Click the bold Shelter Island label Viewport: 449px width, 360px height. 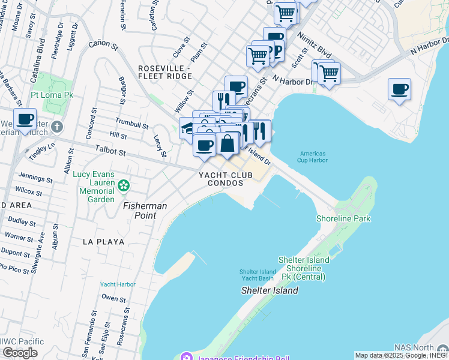coord(270,290)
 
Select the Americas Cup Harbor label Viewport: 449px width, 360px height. coord(312,157)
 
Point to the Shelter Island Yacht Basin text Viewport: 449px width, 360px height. coord(257,275)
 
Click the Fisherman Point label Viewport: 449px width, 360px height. coord(145,206)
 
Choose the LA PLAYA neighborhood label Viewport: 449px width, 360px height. coord(104,242)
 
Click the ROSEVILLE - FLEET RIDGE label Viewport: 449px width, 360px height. coord(164,72)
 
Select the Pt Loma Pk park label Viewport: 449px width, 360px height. coord(52,95)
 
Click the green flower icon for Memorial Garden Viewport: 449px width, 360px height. coord(124,185)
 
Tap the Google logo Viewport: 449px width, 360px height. coord(20,353)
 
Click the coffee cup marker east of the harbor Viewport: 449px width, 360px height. coord(399,90)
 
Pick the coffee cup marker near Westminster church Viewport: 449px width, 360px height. coord(25,119)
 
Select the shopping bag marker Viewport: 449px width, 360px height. coord(228,144)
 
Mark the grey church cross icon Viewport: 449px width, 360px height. coord(56,127)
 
